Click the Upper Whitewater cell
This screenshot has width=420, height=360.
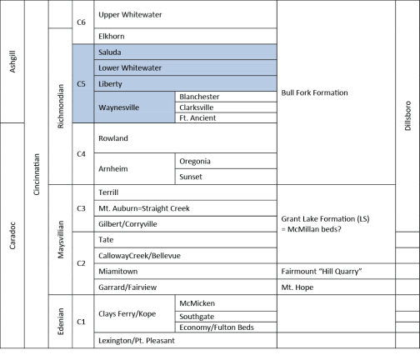pos(185,14)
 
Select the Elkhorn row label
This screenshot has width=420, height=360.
pos(112,37)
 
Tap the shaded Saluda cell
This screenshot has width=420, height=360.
pos(185,52)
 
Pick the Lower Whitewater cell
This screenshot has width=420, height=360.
pos(185,67)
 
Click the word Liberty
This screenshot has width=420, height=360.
pos(110,84)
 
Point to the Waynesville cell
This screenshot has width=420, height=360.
pos(134,107)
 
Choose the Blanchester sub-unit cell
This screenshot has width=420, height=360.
pos(226,97)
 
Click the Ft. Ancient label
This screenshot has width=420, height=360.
pos(197,118)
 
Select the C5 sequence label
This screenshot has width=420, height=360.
pos(81,84)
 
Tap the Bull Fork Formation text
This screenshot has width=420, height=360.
pos(314,92)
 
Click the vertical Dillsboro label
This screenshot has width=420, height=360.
pos(407,116)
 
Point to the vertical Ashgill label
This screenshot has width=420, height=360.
pos(12,62)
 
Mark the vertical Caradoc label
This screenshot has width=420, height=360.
pos(12,236)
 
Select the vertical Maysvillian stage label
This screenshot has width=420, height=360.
pos(60,239)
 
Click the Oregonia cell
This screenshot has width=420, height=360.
pos(226,161)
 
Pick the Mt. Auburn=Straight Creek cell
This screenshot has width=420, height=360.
pos(185,208)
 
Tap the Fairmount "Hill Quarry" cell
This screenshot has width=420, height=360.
pos(336,272)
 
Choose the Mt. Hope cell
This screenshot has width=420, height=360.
pos(336,287)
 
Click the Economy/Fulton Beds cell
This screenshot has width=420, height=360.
pos(226,327)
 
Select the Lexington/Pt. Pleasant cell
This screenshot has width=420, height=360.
pos(185,340)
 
